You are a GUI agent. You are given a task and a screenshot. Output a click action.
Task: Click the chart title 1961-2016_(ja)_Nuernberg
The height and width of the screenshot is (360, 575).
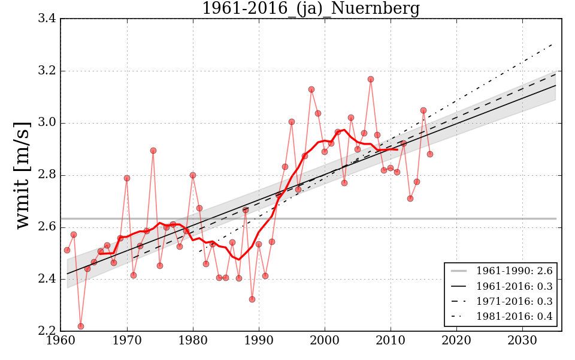click(310, 9)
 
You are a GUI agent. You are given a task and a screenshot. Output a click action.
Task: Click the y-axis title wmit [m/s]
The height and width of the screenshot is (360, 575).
click(23, 175)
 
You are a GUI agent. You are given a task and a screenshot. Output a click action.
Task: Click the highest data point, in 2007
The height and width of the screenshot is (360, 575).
click(371, 79)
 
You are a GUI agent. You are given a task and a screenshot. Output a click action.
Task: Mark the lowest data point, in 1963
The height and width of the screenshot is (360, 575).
click(81, 326)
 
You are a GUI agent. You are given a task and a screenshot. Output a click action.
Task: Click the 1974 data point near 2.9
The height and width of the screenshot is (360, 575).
click(153, 151)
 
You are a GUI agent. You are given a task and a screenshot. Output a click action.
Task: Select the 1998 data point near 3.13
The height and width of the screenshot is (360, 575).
click(311, 89)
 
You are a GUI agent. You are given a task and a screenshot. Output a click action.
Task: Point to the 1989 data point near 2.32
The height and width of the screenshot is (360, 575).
click(252, 299)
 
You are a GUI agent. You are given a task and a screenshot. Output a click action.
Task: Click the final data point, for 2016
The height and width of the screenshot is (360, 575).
click(430, 154)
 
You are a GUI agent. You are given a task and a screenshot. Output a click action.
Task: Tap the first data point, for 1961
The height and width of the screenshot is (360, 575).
click(67, 250)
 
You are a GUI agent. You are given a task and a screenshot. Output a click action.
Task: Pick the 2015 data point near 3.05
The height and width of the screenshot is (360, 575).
click(423, 110)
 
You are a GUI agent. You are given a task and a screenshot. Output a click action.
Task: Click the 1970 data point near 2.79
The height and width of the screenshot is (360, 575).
click(127, 178)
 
